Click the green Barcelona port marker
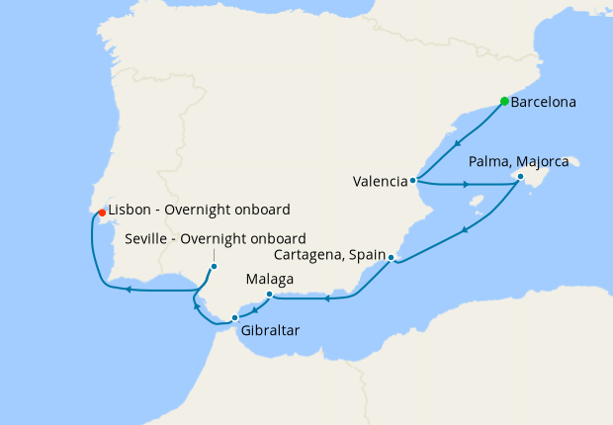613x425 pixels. pos(504,101)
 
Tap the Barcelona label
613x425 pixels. pos(545,102)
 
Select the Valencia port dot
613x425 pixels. pos(412,181)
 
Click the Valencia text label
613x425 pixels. pos(380,181)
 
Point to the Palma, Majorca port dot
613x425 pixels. pos(521,178)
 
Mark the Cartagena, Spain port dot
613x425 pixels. pos(392,258)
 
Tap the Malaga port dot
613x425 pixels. pos(270,294)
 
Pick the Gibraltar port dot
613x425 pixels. pos(234,317)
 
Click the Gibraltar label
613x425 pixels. pos(269,330)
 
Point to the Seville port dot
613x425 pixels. pos(214,266)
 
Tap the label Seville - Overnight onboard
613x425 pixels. pos(216,238)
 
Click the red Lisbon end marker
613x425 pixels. pos(102,212)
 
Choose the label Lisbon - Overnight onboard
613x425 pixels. pos(199,211)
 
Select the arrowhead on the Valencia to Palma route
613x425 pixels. pos(466,185)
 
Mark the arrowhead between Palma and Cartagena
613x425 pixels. pos(463,231)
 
